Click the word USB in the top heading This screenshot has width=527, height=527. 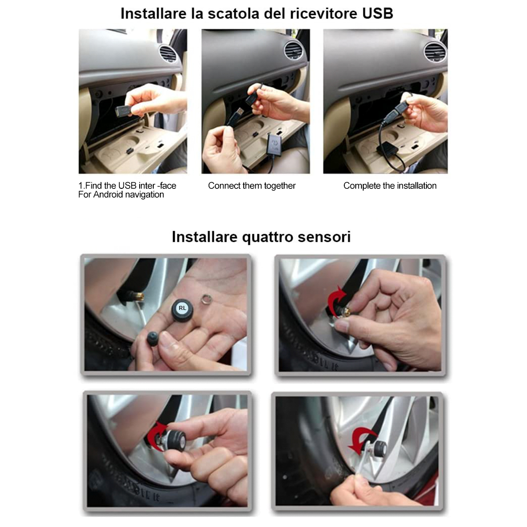377,13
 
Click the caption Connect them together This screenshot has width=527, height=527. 252,186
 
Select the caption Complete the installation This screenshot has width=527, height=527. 390,186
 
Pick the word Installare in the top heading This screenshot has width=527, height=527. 153,13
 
